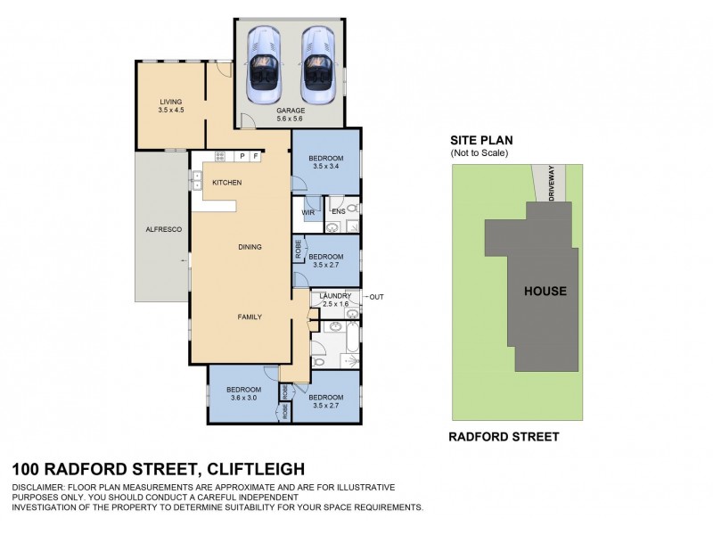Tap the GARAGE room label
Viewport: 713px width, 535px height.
click(x=290, y=111)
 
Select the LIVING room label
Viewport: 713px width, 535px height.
click(x=171, y=102)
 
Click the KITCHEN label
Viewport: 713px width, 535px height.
click(x=227, y=183)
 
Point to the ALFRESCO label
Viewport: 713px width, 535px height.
click(x=164, y=230)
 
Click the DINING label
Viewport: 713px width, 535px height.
click(x=250, y=247)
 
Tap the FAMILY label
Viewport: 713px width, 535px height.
click(x=249, y=317)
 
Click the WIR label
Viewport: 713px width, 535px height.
click(x=307, y=212)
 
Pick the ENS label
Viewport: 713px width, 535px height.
click(x=338, y=212)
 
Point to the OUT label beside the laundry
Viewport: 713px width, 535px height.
click(x=376, y=297)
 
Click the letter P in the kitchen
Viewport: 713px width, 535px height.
click(x=242, y=156)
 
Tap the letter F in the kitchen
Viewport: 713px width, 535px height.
click(x=255, y=156)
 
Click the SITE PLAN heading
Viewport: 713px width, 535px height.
click(x=481, y=141)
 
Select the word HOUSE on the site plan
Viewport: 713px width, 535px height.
click(x=545, y=292)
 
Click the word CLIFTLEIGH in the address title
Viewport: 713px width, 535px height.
click(x=256, y=468)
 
